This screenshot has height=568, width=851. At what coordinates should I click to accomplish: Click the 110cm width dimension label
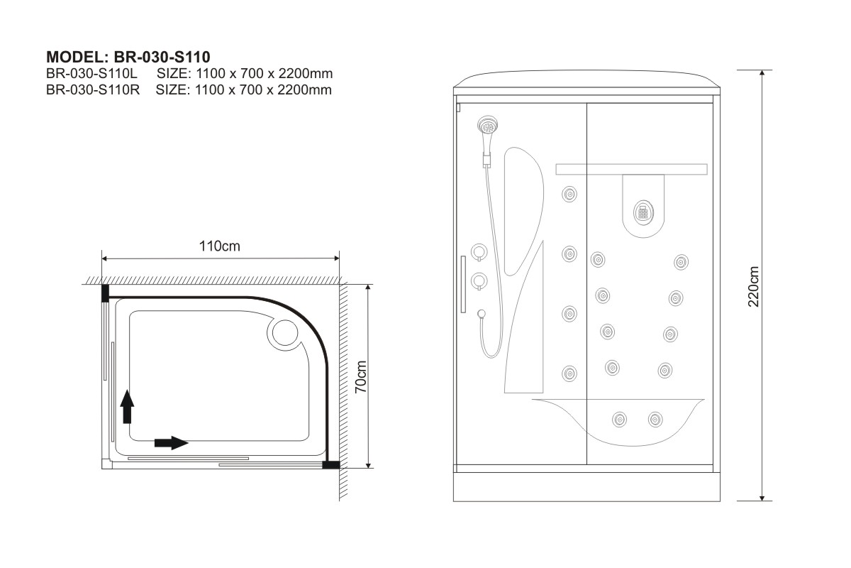[x=220, y=246]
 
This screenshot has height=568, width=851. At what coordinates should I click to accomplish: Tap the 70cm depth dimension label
[x=360, y=376]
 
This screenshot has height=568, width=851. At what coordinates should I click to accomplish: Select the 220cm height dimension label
[x=753, y=286]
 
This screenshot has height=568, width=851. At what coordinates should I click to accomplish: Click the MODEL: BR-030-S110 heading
[x=128, y=57]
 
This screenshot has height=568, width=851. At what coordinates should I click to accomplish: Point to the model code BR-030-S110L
[x=91, y=73]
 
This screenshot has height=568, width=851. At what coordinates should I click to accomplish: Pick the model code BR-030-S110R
[x=93, y=89]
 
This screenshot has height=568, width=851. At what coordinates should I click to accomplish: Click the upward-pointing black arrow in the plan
[x=127, y=407]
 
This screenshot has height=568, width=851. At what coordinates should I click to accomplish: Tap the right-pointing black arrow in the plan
[x=172, y=442]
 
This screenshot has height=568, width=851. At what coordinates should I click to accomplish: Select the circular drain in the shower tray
[x=285, y=333]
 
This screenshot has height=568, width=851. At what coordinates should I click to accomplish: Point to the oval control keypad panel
[x=643, y=212]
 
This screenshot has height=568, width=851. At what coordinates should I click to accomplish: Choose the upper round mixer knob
[x=479, y=252]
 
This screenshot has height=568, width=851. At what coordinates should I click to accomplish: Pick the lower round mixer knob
[x=479, y=281]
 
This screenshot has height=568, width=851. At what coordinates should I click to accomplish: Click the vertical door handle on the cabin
[x=463, y=284]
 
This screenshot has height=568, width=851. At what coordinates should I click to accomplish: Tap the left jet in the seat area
[x=619, y=419]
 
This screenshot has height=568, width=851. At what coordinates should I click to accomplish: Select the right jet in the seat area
[x=655, y=419]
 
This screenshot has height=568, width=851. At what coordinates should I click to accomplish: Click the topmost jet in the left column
[x=569, y=194]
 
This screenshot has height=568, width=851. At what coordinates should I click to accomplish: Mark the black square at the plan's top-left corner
[x=105, y=293]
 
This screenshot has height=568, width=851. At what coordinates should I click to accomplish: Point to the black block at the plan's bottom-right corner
[x=331, y=464]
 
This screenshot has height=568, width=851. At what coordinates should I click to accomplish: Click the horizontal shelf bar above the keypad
[x=631, y=169]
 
